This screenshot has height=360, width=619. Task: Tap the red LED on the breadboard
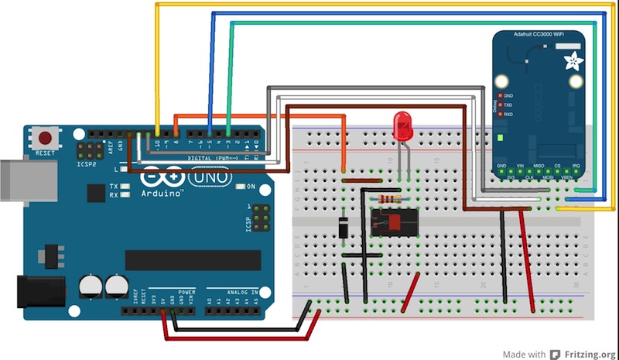coord(402,126)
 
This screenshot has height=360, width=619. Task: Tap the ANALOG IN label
coord(247,292)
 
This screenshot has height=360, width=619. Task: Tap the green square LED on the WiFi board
coord(501,139)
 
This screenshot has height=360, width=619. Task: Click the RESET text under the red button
coord(46,153)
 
